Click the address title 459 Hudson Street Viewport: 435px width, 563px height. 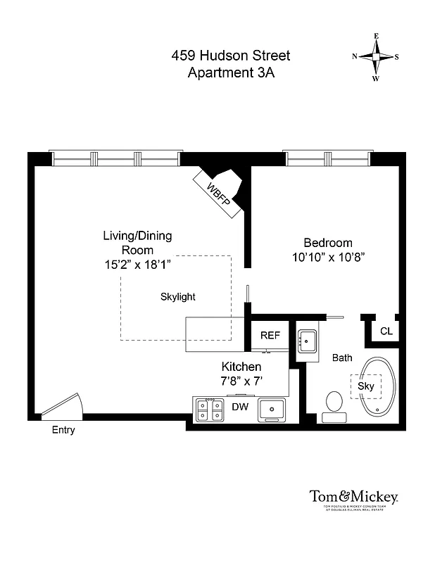[231, 56]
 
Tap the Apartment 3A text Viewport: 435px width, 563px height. [231, 72]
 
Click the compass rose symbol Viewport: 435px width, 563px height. [376, 57]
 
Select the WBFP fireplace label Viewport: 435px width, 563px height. [218, 191]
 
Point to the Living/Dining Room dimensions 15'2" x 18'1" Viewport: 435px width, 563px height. [137, 265]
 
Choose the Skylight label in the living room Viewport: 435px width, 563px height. [178, 297]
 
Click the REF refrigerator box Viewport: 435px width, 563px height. [270, 335]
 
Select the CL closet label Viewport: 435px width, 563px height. [386, 331]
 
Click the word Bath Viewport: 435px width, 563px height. [342, 358]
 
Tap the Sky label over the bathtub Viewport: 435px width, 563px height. [365, 386]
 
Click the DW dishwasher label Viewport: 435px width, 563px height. [239, 406]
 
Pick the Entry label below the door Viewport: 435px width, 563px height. [63, 430]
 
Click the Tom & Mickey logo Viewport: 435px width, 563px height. [354, 497]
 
